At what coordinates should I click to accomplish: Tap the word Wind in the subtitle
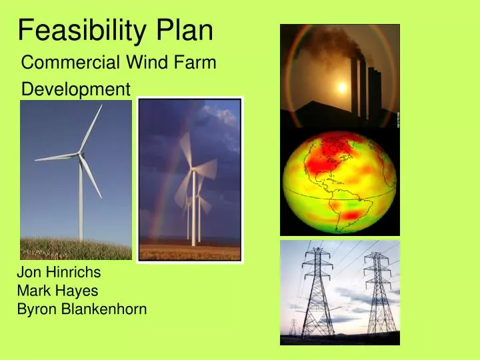click(142, 63)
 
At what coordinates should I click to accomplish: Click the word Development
click(77, 89)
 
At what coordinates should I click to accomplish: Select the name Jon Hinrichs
click(59, 272)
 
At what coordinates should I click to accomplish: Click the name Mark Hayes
click(57, 291)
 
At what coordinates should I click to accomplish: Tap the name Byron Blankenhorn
click(81, 309)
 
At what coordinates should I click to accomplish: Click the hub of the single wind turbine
click(81, 155)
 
